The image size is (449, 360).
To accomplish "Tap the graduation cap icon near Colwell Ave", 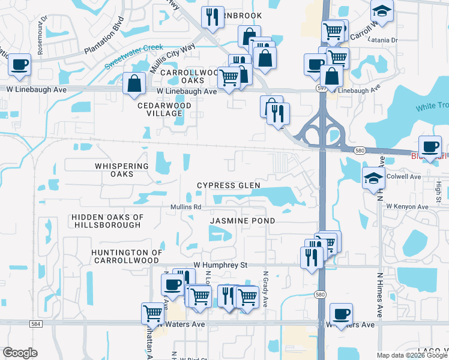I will click(x=373, y=177).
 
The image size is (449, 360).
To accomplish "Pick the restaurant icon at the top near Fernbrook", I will click(x=212, y=17).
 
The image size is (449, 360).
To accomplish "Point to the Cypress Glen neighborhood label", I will click(x=229, y=185).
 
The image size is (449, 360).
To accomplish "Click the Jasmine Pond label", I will click(x=243, y=221).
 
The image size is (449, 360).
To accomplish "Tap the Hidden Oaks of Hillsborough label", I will click(x=107, y=221).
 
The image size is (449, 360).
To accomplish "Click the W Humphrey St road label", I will click(x=220, y=264).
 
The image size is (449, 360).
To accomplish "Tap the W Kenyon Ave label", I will click(x=408, y=206).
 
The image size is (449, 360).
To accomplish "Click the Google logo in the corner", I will click(x=20, y=353).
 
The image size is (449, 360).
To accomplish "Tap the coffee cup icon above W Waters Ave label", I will click(x=341, y=314).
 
